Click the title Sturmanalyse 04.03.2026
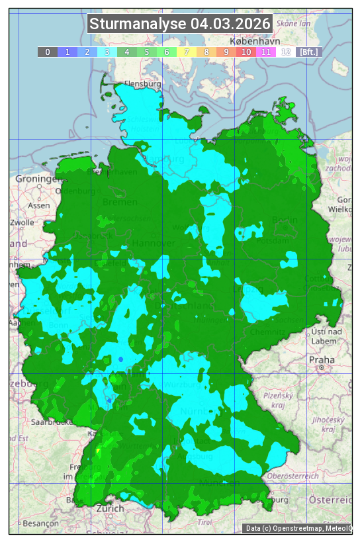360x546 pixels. click(x=179, y=24)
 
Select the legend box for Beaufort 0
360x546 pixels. click(x=48, y=52)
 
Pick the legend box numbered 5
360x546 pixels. click(x=147, y=52)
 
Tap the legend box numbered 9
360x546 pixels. click(x=226, y=52)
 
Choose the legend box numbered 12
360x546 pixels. click(x=286, y=52)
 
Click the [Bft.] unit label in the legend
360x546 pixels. click(x=308, y=52)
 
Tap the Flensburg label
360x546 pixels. click(x=143, y=85)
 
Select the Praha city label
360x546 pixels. click(x=322, y=359)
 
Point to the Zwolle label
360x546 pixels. click(x=22, y=222)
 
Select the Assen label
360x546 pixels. click(x=39, y=205)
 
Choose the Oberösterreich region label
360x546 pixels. click(x=293, y=475)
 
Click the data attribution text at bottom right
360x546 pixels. click(x=298, y=527)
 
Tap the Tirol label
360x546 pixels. click(x=204, y=522)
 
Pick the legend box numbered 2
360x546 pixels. click(x=87, y=52)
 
